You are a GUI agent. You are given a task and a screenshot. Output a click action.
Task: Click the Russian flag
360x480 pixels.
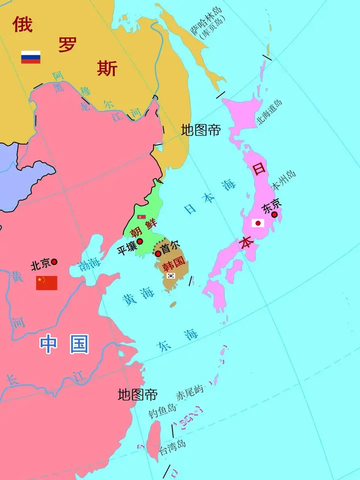tap(30, 57)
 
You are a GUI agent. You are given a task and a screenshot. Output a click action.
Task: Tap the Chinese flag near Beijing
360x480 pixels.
tap(46, 283)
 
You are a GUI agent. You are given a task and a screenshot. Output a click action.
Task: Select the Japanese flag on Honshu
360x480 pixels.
tap(258, 223)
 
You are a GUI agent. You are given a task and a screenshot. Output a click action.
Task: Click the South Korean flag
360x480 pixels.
tap(171, 275)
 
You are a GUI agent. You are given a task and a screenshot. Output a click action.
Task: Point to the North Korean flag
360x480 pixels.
tap(141, 217)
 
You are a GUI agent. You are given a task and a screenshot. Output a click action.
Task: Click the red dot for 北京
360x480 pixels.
tap(54, 261)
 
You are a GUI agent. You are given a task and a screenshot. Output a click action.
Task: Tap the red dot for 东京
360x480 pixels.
tap(274, 214)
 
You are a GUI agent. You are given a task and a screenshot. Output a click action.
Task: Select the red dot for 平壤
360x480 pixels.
tap(140, 241)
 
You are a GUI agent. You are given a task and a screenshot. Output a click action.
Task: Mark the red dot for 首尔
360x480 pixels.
tap(158, 253)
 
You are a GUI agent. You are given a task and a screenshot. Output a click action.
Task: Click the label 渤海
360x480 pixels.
tap(89, 263)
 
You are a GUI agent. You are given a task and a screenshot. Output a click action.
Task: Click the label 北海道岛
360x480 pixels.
tap(269, 112)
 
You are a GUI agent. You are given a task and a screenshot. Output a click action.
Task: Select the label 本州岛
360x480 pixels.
tap(283, 180)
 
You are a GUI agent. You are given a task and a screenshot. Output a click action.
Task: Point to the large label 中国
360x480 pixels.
tap(64, 344)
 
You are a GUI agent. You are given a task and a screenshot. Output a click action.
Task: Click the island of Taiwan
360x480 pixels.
tap(153, 440)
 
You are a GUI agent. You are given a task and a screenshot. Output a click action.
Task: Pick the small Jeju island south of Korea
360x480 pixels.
tap(173, 303)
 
